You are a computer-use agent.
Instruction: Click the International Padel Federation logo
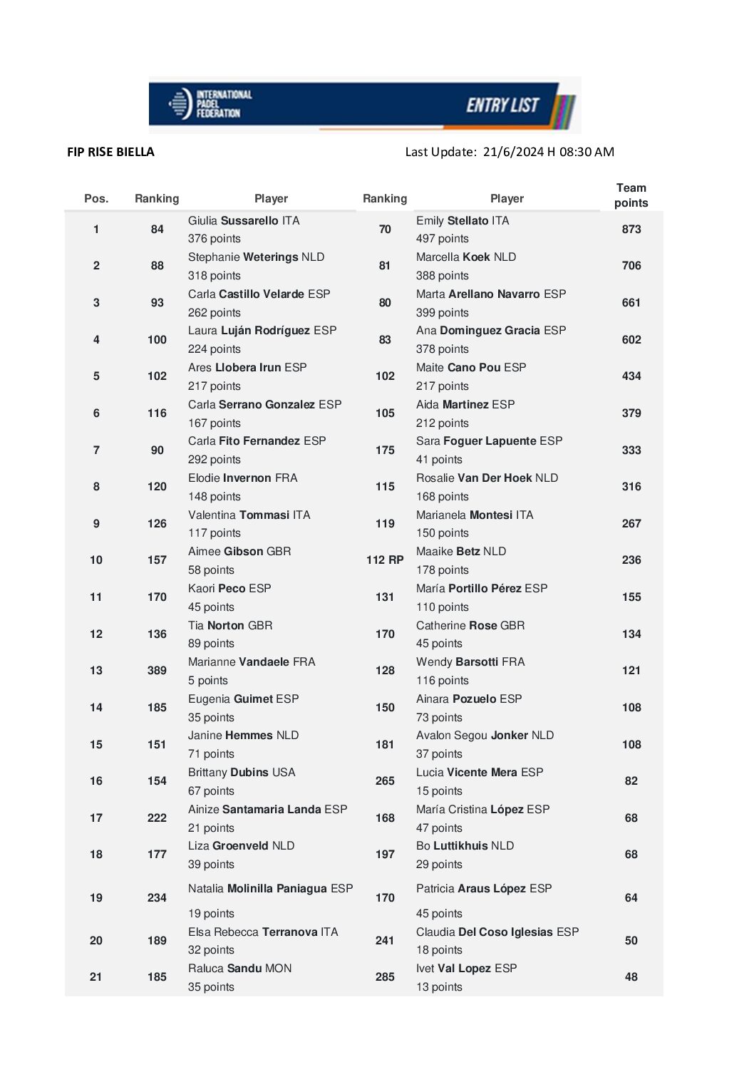point(211,104)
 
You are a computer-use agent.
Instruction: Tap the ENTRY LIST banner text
point(502,105)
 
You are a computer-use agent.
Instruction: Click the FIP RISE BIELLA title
point(110,152)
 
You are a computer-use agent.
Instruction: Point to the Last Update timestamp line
point(509,152)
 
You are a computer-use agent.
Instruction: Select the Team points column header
point(631,195)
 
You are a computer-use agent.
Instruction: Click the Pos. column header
point(96,199)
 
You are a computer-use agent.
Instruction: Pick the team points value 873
point(631,230)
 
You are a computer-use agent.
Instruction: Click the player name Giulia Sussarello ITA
point(244,221)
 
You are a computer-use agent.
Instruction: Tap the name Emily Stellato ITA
point(463,221)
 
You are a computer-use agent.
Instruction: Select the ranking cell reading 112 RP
point(385,560)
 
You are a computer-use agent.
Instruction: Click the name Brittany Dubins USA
point(242,773)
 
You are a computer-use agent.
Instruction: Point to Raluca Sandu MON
point(239,969)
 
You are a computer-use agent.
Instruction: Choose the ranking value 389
point(157,671)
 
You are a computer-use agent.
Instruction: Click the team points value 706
point(631,266)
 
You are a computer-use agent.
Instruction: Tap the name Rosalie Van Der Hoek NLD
point(487,478)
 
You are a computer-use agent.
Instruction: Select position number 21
point(96,977)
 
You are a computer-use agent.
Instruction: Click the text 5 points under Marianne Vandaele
point(208,681)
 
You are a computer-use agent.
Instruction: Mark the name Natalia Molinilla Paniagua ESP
point(270,889)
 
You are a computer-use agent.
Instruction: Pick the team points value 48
point(631,977)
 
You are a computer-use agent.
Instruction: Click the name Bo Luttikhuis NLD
point(465,846)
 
